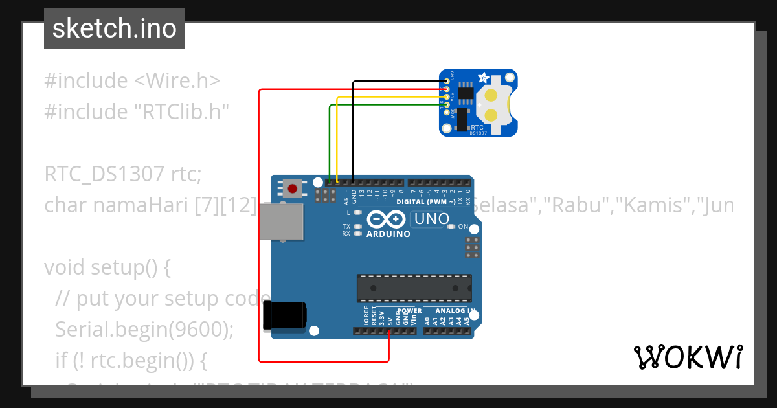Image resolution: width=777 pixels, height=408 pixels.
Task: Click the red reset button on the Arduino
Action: coord(293,189)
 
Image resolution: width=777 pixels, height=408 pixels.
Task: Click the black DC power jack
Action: coord(285,316)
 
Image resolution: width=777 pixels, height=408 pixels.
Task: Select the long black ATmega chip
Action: coord(414,288)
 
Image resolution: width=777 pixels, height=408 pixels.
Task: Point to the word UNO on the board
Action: coord(431,219)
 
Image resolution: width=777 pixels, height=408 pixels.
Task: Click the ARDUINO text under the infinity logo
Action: coord(388,234)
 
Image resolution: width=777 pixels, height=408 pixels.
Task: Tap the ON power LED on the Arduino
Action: coord(453,227)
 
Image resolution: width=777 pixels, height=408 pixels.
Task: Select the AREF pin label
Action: coord(346,197)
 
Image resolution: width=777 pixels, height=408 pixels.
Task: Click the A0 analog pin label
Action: coord(427,320)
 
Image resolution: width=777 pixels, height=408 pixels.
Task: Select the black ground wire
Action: coord(353,130)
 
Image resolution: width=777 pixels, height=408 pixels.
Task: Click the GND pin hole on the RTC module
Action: coord(447,82)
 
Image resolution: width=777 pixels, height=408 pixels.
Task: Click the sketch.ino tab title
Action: coord(115,28)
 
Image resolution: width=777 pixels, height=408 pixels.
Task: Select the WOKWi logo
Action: coord(688,356)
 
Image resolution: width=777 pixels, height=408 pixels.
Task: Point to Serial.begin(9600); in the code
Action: coord(144,329)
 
